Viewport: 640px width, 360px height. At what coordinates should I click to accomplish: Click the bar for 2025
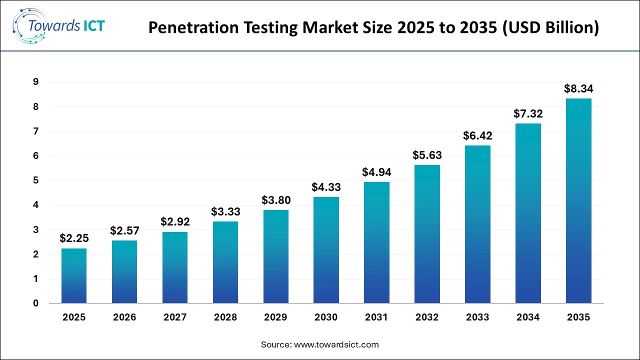tap(74, 276)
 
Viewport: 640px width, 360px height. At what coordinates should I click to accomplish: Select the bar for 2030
tap(326, 250)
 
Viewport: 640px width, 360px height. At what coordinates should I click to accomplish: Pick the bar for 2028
tap(225, 262)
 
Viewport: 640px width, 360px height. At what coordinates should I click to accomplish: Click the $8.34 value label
tap(578, 89)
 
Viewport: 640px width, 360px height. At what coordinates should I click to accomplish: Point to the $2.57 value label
tap(124, 231)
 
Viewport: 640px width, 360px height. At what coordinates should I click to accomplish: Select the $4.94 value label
tap(376, 172)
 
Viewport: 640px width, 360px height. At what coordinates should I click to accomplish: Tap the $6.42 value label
tap(477, 136)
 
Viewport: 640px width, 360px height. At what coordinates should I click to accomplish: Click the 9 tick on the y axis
tap(35, 82)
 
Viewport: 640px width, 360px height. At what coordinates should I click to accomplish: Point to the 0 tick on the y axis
tap(35, 303)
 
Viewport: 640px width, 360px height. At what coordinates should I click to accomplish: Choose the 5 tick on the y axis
tap(35, 180)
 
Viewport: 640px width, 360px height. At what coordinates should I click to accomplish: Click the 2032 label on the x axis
tap(427, 317)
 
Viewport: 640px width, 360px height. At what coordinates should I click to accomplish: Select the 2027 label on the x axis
tap(175, 317)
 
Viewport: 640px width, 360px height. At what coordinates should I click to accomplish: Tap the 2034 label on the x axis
tap(528, 317)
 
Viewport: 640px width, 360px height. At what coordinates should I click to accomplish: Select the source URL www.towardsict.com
tap(336, 344)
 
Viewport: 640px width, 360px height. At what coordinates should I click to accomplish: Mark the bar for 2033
tap(477, 224)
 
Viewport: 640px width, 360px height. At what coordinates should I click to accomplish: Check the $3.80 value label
tap(275, 200)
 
